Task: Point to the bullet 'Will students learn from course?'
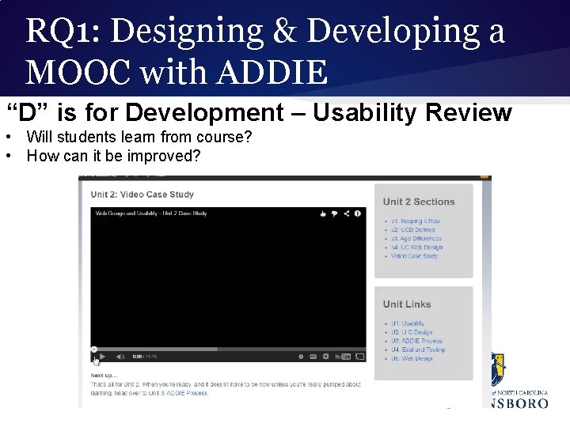point(139,138)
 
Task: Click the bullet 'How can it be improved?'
point(113,156)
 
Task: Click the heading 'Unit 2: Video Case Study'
point(142,195)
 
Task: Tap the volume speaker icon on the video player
point(120,357)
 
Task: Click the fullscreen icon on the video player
point(360,357)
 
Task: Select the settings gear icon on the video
point(313,357)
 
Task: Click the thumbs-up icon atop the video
point(323,213)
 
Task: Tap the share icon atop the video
point(346,213)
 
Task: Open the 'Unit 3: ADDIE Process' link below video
point(178,393)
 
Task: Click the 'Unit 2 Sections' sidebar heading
point(419,202)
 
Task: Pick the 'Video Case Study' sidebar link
point(414,256)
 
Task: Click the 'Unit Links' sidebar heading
point(407,304)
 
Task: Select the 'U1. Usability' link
point(408,323)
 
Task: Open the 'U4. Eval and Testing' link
point(418,350)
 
